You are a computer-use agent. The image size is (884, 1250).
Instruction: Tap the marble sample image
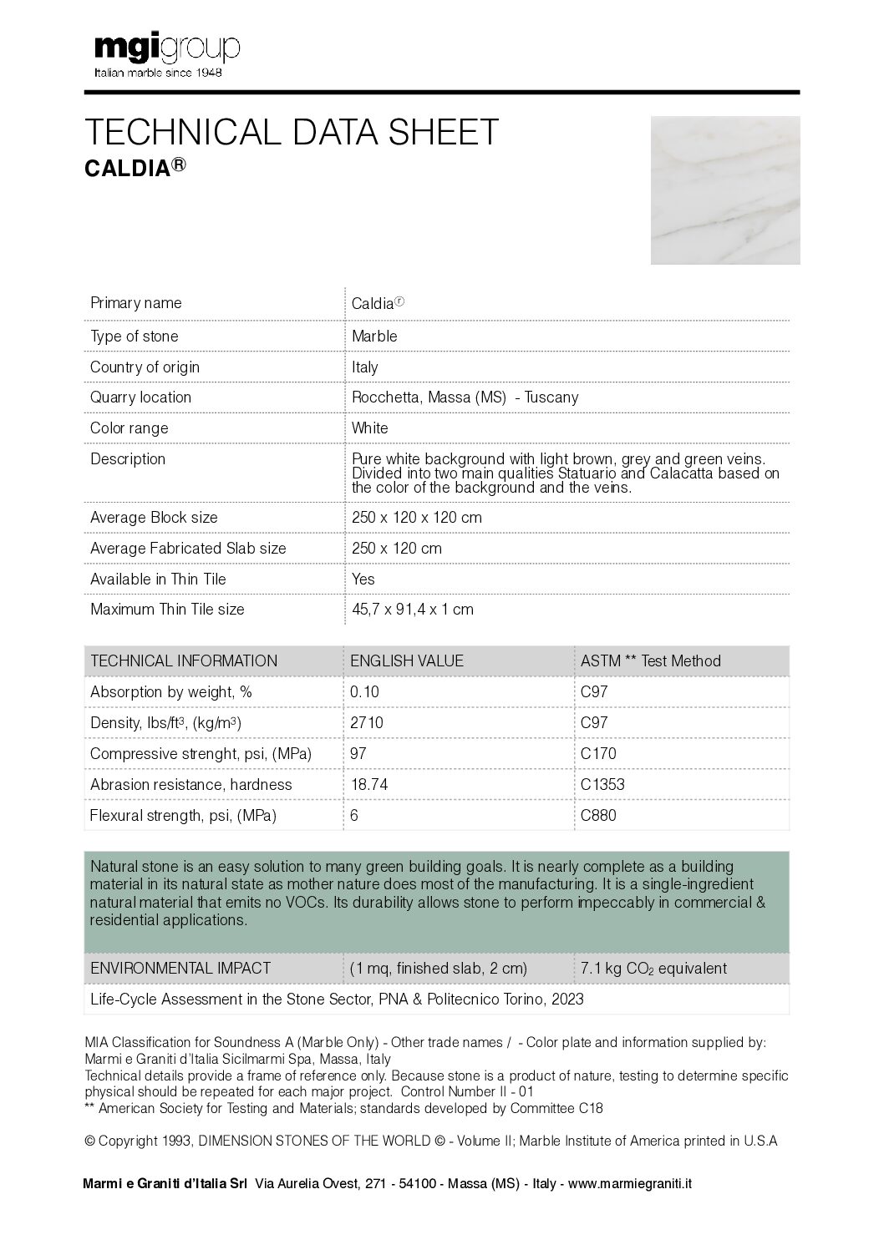pos(724,190)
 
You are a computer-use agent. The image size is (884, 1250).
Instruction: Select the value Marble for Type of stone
pos(374,337)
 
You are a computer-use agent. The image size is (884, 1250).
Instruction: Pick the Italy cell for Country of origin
pos(365,367)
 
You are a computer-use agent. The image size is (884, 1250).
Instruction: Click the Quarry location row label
pos(140,397)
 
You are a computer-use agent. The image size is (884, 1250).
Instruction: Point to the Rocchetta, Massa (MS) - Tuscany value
pos(465,397)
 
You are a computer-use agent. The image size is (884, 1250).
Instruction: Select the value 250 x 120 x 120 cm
pos(416,518)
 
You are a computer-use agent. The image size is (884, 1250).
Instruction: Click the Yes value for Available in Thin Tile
pos(363,579)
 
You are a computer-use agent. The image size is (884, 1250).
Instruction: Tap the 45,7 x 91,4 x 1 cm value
pos(413,610)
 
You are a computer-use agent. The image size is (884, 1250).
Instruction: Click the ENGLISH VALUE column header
pos(407,661)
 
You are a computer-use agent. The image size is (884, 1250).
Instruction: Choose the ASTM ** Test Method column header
pos(650,661)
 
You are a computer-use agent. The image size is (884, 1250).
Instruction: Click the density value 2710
pos(367,723)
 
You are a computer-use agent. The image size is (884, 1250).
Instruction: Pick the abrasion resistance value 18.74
pos(369,785)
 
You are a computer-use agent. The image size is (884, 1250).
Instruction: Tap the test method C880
pos(598,816)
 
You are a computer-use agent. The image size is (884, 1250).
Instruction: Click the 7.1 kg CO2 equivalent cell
pos(653,969)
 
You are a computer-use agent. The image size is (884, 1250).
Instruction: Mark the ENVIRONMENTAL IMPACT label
pos(180,969)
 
